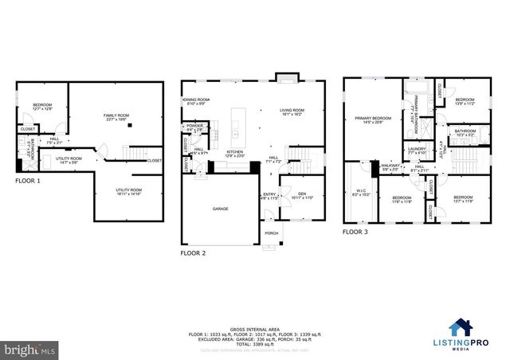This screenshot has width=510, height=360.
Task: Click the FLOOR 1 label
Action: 28,181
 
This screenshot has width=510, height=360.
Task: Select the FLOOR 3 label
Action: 355,233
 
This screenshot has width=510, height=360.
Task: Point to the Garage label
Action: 220,209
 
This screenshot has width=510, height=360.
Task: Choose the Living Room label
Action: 292,112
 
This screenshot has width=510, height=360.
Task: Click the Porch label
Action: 272,233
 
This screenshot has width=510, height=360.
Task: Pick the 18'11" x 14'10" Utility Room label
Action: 128,191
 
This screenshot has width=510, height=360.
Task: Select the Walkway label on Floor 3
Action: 389,167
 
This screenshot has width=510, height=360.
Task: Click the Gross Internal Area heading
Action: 254,327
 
